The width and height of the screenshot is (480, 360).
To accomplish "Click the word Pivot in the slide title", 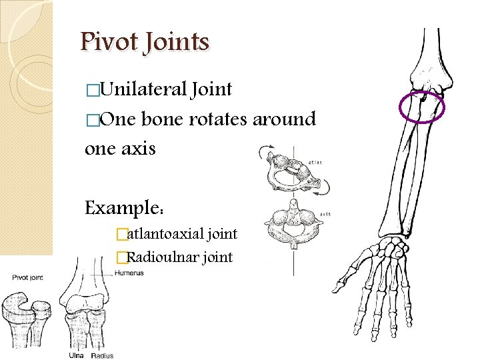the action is [x=108, y=43].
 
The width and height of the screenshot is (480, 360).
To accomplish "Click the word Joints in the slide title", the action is [x=174, y=43].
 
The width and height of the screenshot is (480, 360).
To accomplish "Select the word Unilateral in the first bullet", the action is [x=143, y=89].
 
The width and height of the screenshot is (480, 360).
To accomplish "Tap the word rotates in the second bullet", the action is [x=218, y=119].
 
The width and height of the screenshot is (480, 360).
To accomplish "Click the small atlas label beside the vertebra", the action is [x=315, y=161].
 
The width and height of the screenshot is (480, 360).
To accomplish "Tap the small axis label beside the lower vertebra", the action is [x=325, y=214].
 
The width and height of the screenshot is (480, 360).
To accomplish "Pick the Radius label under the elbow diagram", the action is [x=102, y=355].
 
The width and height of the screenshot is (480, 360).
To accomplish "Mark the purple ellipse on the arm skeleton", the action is [x=421, y=107].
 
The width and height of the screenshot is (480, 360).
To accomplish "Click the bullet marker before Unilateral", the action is [x=91, y=90].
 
